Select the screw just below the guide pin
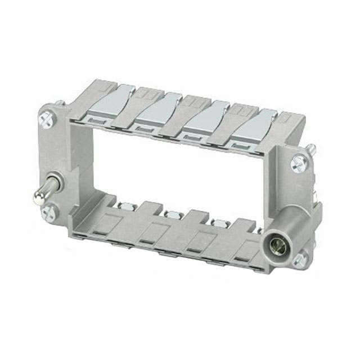pos(49,213)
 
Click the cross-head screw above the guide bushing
pos(298,164)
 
